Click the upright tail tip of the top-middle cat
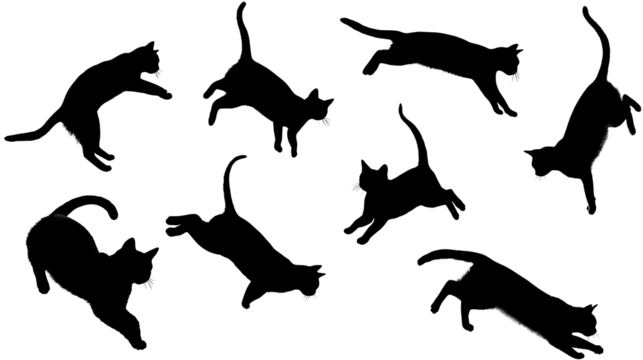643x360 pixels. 240,5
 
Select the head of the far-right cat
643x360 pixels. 537,160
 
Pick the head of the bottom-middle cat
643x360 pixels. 313,279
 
